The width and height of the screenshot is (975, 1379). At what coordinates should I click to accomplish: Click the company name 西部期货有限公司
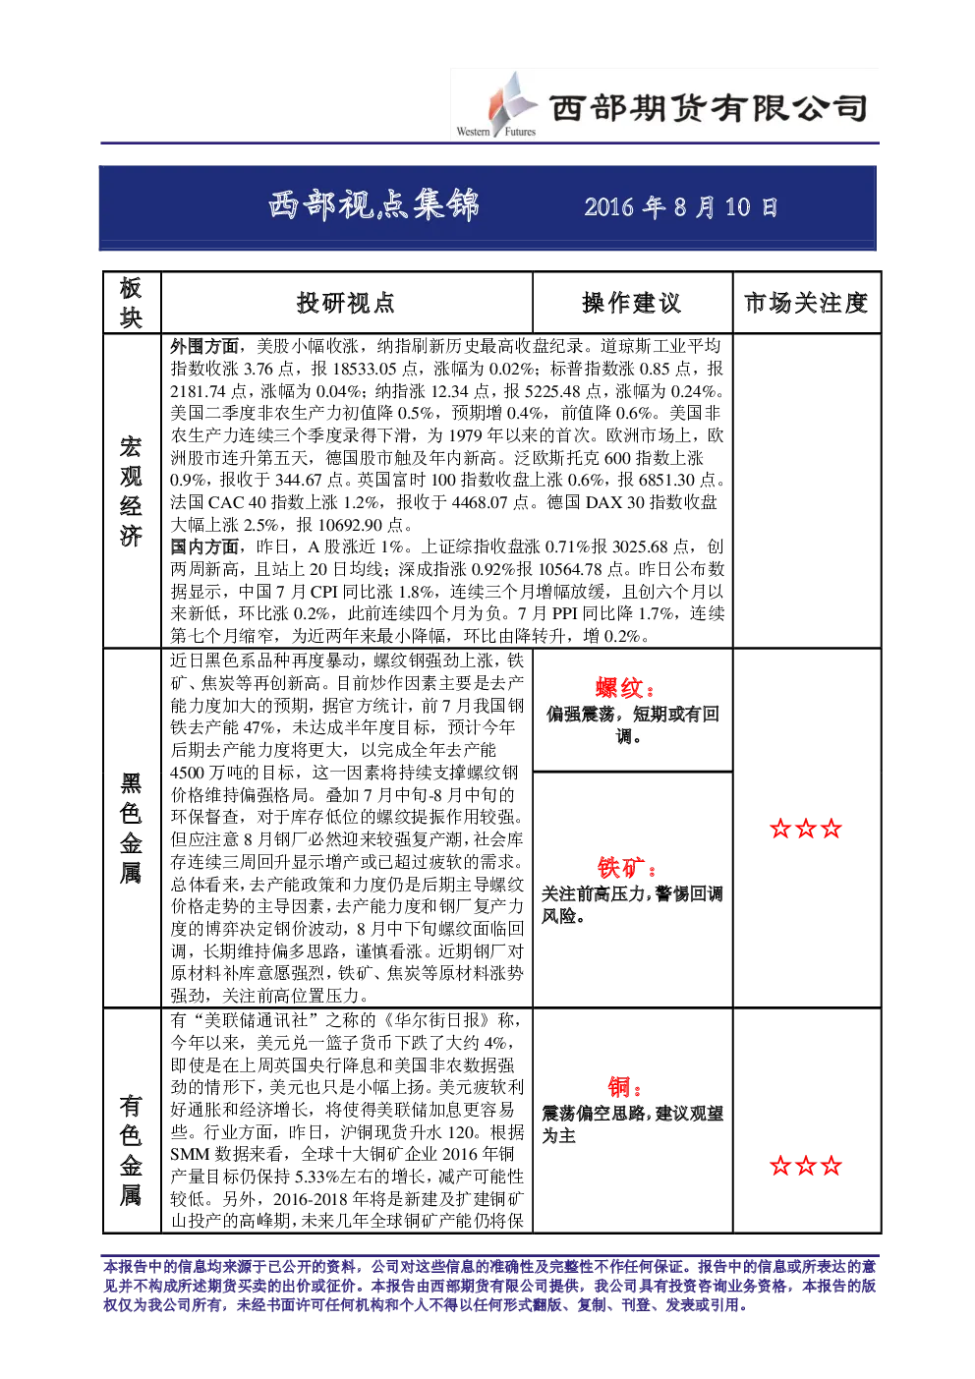tap(709, 108)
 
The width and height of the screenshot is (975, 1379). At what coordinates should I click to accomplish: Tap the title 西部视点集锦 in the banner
tap(374, 205)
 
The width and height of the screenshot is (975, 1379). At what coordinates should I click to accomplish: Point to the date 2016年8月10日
tap(681, 207)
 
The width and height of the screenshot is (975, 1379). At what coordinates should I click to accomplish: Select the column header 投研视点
tap(346, 303)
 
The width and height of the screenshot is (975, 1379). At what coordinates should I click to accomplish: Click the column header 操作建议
tap(632, 303)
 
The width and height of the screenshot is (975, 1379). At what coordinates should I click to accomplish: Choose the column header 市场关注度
tap(806, 303)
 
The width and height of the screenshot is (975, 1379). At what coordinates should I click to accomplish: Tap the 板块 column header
tap(131, 303)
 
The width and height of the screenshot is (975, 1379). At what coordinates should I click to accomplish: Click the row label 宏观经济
tap(131, 491)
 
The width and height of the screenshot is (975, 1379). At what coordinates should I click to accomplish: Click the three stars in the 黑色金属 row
tap(806, 829)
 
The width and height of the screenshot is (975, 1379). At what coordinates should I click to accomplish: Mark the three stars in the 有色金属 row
tap(806, 1166)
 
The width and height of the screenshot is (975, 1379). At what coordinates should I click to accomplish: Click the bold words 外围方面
tap(204, 346)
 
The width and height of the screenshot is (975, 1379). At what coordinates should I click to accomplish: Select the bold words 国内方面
tap(204, 546)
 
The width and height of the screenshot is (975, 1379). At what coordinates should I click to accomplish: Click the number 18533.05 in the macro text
tap(365, 369)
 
